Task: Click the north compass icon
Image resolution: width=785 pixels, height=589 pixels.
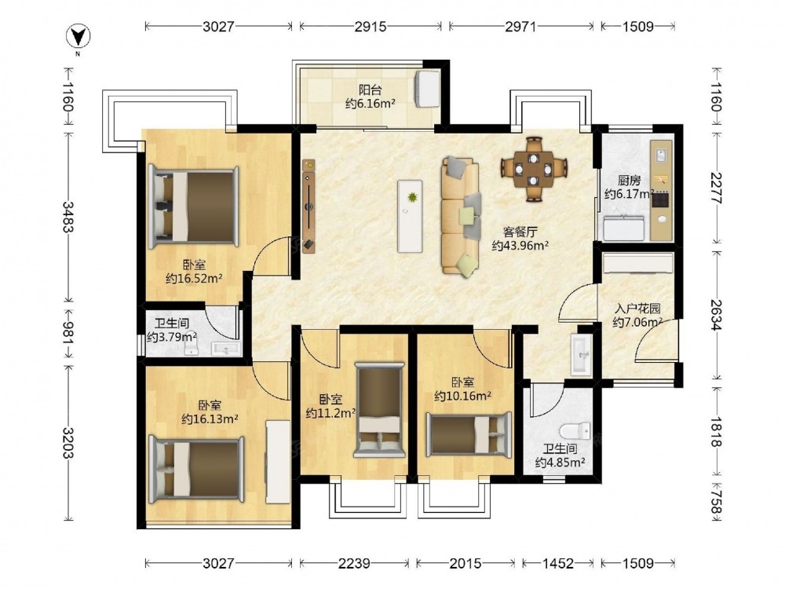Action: [x=78, y=37]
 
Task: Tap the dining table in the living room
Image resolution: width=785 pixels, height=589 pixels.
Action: [x=534, y=169]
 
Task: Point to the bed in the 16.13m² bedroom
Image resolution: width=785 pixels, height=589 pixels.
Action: [x=197, y=469]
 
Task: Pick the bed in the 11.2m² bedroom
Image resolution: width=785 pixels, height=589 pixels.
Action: [x=379, y=410]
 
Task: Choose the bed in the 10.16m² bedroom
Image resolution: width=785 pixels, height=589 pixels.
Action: [x=469, y=434]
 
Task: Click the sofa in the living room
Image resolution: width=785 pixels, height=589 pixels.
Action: [x=461, y=217]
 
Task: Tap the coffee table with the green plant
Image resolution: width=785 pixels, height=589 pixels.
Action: [x=410, y=216]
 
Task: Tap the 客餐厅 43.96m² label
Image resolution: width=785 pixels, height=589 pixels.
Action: [x=520, y=239]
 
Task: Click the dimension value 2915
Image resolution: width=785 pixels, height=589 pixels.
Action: [x=371, y=26]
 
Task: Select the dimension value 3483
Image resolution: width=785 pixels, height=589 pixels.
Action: [x=68, y=217]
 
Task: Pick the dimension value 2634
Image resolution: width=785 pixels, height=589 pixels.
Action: [x=717, y=315]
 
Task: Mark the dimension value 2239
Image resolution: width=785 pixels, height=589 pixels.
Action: [x=354, y=563]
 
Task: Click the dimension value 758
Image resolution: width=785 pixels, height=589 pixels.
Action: [x=717, y=503]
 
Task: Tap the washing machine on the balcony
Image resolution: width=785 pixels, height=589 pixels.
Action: [x=427, y=89]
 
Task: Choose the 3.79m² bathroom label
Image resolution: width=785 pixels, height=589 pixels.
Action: [x=172, y=330]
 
